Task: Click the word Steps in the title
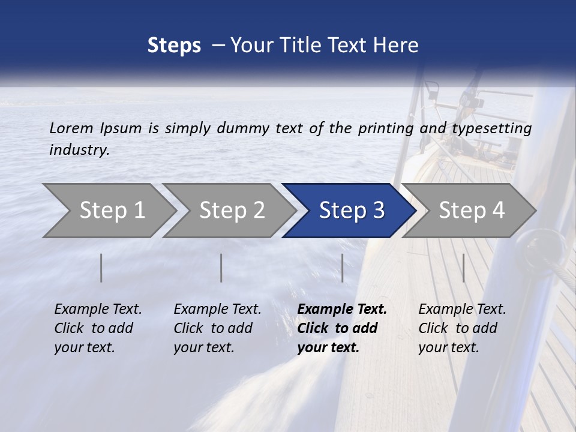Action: coord(174,45)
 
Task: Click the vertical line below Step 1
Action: coord(101,268)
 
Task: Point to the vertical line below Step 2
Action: coord(221,268)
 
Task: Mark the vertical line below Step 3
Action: coord(342,268)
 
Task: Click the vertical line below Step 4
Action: coord(464,268)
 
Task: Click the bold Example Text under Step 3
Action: coord(342,310)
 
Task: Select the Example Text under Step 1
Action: coord(98,310)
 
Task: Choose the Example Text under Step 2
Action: coord(217,310)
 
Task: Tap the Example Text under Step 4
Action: coord(462,310)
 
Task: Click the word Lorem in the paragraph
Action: coord(71,128)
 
